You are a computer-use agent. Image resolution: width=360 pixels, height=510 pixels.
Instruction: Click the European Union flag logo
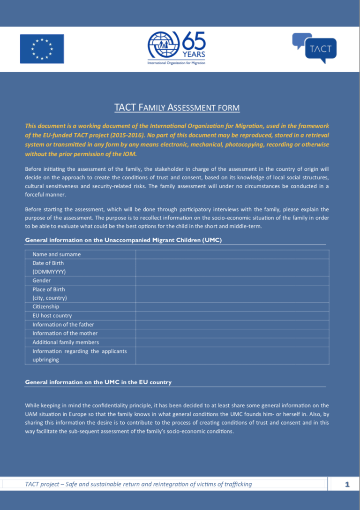point(42,49)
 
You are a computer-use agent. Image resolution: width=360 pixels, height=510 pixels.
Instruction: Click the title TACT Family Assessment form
point(177,108)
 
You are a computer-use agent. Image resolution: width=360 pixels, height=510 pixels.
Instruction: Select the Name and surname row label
point(56,254)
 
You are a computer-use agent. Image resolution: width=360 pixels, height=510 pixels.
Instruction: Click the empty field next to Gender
point(232,281)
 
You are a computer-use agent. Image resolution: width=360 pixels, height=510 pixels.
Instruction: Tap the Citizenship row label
point(45,307)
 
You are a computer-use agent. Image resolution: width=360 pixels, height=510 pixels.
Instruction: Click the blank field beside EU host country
point(232,316)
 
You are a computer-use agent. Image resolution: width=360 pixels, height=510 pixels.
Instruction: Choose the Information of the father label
point(63,325)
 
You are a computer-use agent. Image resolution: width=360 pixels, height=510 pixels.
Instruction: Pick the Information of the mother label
point(65,334)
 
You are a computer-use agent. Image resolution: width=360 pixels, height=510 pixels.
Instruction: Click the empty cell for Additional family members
point(232,342)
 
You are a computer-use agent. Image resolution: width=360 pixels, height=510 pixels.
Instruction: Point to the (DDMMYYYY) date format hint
point(49,272)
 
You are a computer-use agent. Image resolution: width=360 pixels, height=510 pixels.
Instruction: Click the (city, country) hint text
point(49,298)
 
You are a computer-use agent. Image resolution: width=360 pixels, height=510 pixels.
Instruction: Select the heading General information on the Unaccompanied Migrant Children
point(123,240)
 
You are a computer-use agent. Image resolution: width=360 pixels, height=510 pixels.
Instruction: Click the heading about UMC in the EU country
point(98,382)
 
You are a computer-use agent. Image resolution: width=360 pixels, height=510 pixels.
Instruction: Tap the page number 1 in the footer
point(347,484)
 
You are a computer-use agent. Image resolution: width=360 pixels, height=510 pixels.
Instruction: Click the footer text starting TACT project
point(138,484)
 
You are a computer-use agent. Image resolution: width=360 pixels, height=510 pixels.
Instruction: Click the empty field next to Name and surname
point(232,254)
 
